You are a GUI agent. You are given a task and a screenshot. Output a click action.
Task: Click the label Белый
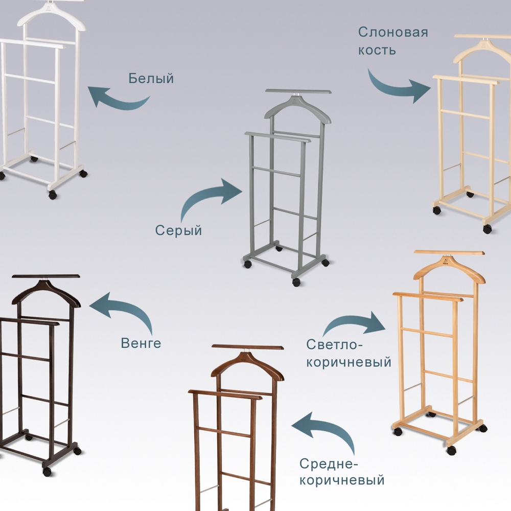click(151, 78)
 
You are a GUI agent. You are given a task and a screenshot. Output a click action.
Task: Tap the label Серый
click(178, 230)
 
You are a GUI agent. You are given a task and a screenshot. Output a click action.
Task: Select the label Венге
click(141, 343)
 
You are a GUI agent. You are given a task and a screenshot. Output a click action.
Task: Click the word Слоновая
click(393, 32)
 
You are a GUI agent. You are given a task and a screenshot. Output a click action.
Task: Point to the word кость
click(377, 50)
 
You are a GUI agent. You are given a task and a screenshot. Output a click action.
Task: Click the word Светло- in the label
click(334, 344)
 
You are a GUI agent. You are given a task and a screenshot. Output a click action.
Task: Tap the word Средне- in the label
click(329, 463)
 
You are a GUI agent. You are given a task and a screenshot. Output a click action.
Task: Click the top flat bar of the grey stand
click(298, 91)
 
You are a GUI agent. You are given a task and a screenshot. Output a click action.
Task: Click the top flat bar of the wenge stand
click(46, 276)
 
